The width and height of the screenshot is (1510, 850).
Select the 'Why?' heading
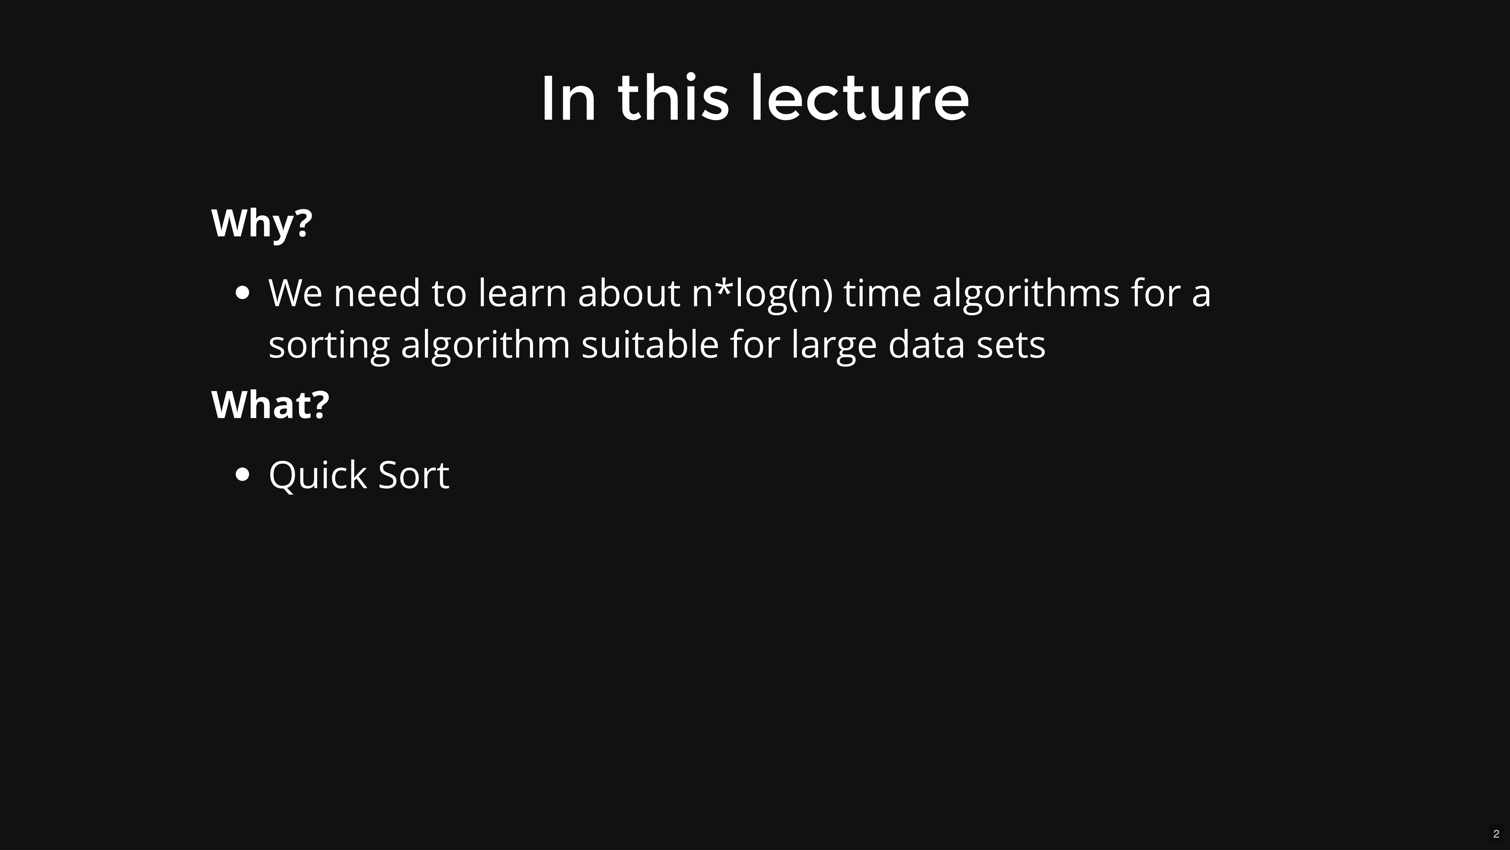(x=262, y=223)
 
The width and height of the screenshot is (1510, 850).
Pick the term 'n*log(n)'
(x=762, y=293)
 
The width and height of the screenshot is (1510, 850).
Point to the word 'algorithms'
(x=1026, y=293)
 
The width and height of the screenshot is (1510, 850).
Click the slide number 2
(x=1496, y=834)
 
